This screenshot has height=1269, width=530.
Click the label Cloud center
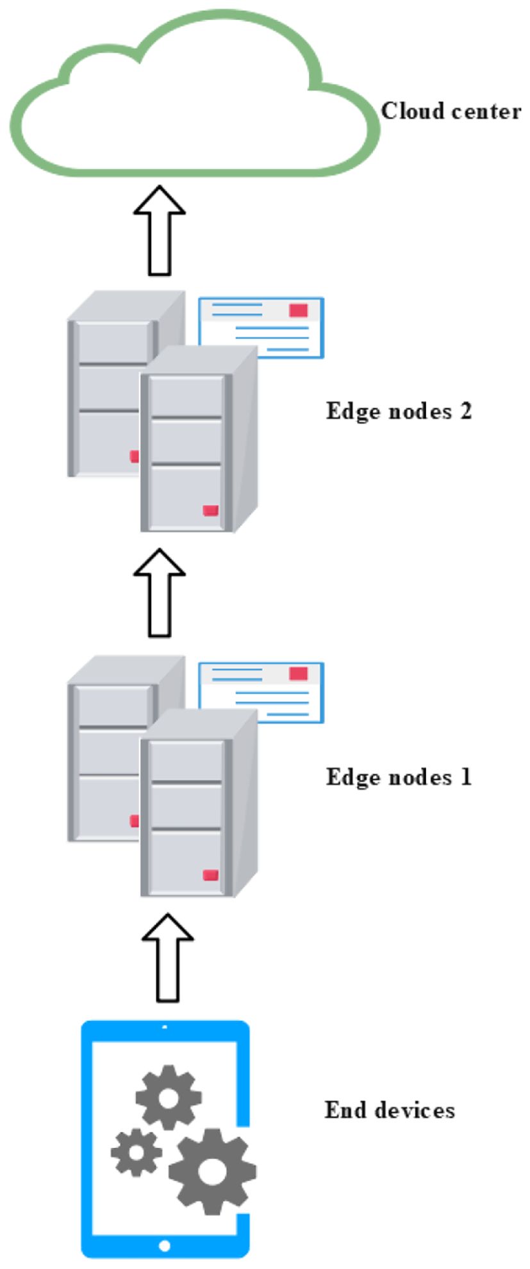coord(451,112)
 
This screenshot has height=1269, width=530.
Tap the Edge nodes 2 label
coord(399,411)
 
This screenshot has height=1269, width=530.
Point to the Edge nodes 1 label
coord(399,777)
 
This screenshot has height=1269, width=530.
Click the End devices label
coord(390,1110)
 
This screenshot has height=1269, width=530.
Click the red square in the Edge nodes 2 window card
coord(298,311)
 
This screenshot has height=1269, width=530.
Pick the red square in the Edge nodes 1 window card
coord(298,674)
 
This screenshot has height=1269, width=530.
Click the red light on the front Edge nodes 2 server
coord(210,511)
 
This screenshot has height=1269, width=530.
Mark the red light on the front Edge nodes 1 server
coord(210,875)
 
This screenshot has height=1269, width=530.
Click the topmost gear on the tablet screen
coord(169,1098)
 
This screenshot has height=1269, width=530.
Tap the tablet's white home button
coord(165,1246)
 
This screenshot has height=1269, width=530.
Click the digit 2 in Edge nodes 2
coord(465,411)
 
